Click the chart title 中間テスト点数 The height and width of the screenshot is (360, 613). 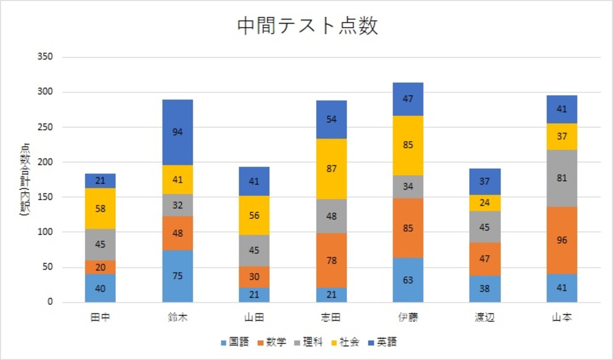coord(307,27)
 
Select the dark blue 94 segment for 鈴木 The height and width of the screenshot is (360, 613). coord(177,132)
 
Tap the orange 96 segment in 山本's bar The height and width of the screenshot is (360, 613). coord(562,240)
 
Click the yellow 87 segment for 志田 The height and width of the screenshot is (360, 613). coord(331,168)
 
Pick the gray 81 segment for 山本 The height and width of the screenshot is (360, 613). coord(562,178)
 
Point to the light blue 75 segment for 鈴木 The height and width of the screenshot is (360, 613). coord(177,276)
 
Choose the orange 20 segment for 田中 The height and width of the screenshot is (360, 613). coord(100,267)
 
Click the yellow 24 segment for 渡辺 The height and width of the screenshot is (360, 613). coord(485,203)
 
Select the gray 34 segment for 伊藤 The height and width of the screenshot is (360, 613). coord(408,186)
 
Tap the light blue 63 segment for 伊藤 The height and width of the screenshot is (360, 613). coord(408,280)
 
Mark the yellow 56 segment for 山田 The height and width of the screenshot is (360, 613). coord(254,215)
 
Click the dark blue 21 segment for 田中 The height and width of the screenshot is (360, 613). coord(100,181)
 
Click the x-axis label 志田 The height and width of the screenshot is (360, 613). coord(331,318)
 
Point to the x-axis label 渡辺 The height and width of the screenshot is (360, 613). coord(485,318)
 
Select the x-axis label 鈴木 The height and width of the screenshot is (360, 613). coord(177,318)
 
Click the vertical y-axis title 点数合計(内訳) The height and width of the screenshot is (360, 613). coord(25,179)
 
